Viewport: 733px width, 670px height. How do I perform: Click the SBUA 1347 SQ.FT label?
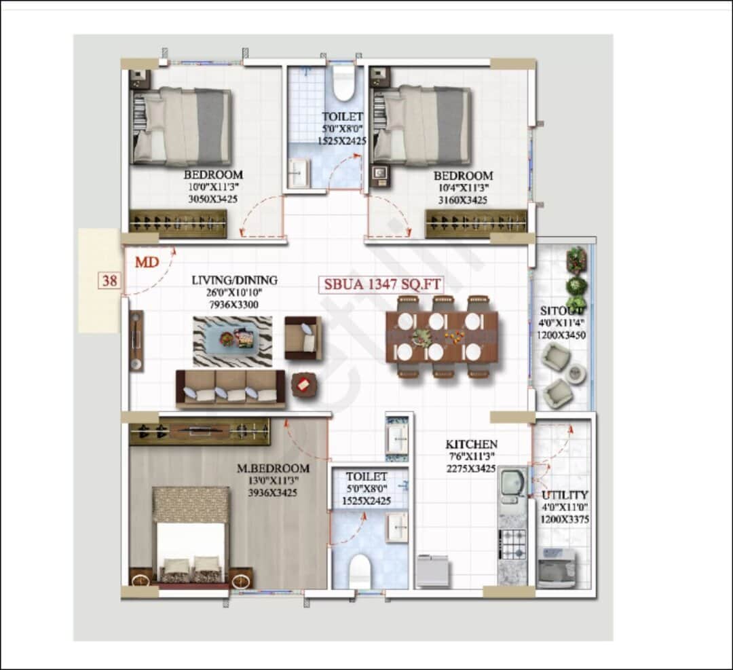(381, 284)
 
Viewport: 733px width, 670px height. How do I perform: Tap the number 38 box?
(109, 280)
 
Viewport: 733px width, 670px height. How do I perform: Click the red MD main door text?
(147, 261)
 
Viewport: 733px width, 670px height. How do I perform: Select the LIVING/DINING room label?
(234, 280)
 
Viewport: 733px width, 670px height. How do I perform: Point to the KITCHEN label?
(471, 445)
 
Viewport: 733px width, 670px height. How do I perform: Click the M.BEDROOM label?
(273, 468)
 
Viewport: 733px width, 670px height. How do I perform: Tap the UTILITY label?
(565, 496)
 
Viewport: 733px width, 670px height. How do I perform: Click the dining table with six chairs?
(441, 337)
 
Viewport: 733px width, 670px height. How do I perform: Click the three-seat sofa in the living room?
(230, 389)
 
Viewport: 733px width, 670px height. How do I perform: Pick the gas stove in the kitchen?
(513, 544)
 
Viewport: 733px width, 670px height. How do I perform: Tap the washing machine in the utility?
(556, 567)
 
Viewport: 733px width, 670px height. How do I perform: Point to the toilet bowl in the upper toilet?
(344, 83)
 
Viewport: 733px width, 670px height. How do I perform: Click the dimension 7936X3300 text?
(225, 305)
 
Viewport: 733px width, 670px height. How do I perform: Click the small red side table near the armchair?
(303, 386)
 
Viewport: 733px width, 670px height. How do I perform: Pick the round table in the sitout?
(577, 373)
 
